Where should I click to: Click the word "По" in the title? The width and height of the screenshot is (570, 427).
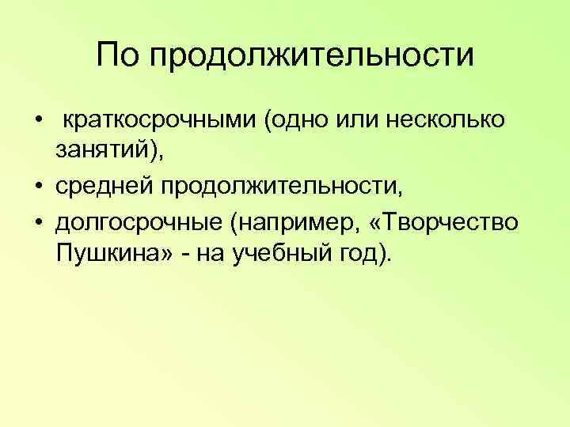pos(118,56)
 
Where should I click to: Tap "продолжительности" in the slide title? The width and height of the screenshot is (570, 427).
pos(310,58)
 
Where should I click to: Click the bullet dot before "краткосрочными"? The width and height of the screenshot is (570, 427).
pos(38,121)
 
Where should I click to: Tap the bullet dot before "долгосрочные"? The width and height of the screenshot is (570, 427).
pos(38,222)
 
